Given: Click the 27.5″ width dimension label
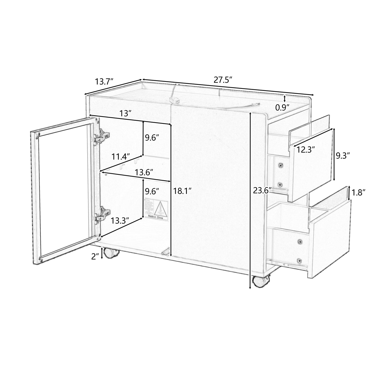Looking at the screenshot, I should click(x=223, y=80).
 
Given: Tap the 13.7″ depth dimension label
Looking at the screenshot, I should click(x=104, y=81).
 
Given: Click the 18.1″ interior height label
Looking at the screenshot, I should click(x=182, y=191).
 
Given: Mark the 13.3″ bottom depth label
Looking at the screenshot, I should click(x=120, y=221).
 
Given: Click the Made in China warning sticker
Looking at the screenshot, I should click(x=156, y=209).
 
